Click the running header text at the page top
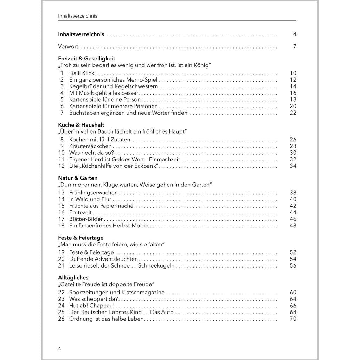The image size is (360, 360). click(77, 16)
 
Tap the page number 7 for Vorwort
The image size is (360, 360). click(295, 46)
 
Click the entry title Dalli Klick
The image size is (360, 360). click(82, 73)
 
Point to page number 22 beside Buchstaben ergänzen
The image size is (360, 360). click(293, 113)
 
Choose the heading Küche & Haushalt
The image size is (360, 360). click(81, 125)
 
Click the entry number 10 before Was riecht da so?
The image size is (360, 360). click(61, 153)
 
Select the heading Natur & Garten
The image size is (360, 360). click(78, 178)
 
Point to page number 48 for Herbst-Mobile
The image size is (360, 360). click(293, 226)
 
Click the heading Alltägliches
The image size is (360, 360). click(73, 278)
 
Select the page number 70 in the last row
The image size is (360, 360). click(293, 319)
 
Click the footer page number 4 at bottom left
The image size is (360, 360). click(59, 348)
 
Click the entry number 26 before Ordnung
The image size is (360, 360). click(61, 319)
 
